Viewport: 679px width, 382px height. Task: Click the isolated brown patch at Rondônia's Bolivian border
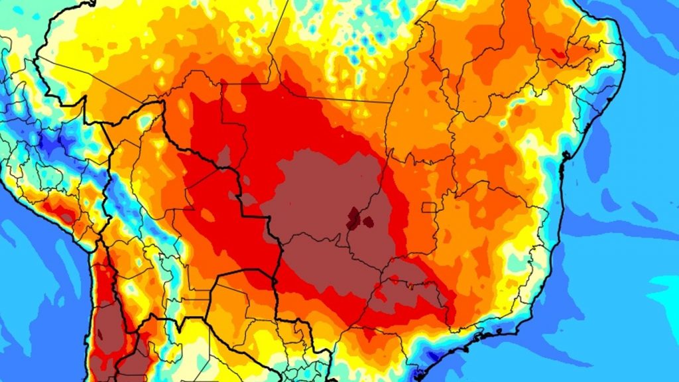(224, 157)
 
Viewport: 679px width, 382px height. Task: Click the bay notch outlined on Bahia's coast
(564, 155)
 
